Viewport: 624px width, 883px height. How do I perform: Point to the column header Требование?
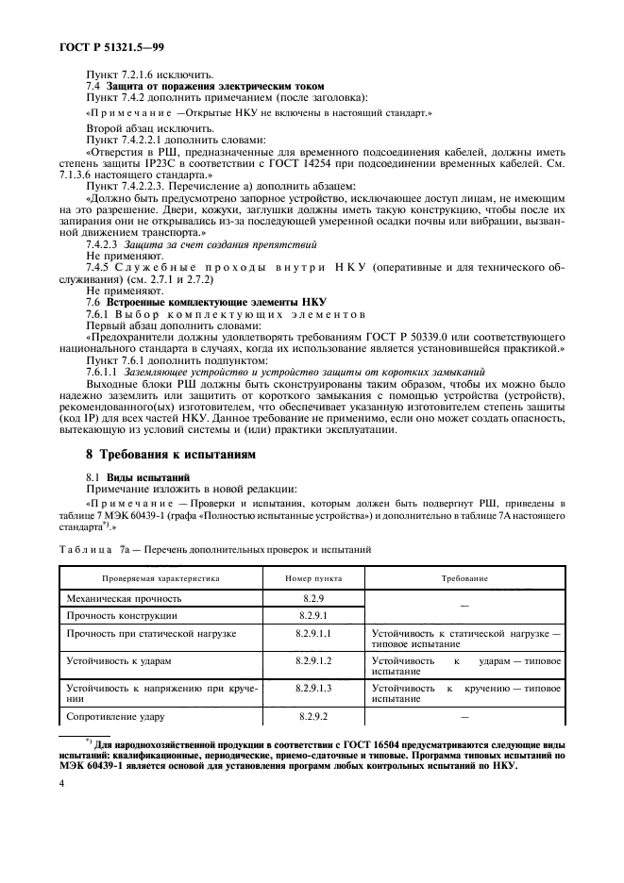click(x=466, y=577)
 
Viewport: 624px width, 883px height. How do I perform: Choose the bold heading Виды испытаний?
click(x=149, y=477)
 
